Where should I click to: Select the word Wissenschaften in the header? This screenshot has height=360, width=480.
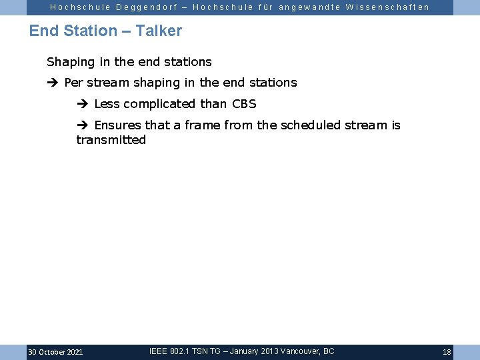(x=387, y=7)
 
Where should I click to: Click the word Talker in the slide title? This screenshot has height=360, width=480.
(x=159, y=31)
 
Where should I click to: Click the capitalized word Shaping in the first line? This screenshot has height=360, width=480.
(x=71, y=62)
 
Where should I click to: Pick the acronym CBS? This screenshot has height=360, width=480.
(x=244, y=104)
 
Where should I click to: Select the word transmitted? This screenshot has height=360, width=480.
(x=111, y=140)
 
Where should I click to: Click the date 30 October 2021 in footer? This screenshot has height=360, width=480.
(x=55, y=352)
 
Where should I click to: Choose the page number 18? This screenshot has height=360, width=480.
(x=447, y=352)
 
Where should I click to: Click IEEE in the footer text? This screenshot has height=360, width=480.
(x=157, y=351)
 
